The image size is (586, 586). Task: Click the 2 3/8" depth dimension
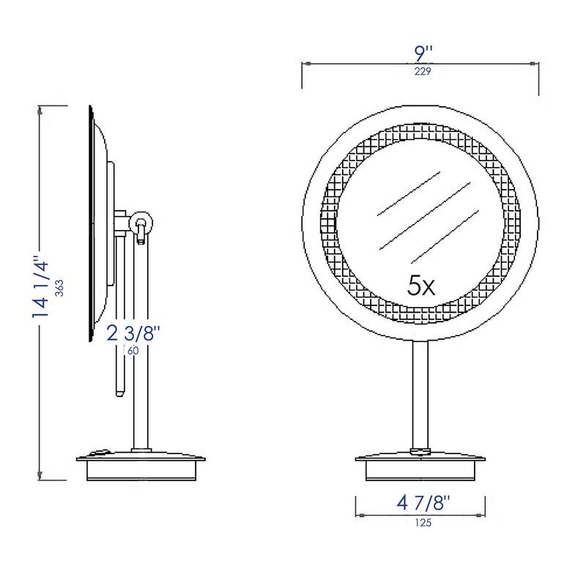coord(133,333)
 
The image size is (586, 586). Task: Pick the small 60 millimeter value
coord(133,351)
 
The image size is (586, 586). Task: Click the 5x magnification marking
coord(421,285)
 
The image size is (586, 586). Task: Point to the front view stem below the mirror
coord(420,396)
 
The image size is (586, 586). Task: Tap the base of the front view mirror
coord(420,467)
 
